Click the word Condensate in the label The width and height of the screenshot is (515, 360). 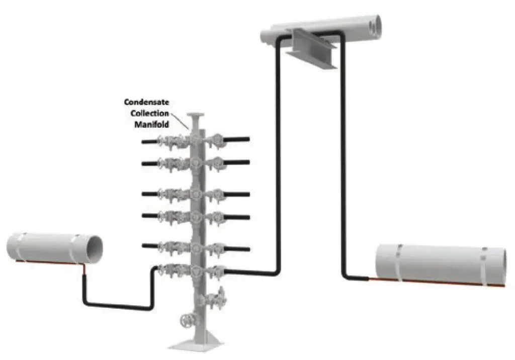click(146, 102)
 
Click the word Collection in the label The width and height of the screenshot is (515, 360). click(150, 113)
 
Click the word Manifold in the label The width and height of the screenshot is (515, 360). click(152, 125)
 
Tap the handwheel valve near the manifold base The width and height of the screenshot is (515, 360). click(187, 320)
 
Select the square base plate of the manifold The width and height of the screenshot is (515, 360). click(196, 345)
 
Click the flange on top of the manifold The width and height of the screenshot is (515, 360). click(196, 115)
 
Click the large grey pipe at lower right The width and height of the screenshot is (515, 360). click(441, 265)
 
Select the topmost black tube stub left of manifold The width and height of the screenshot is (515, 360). click(150, 142)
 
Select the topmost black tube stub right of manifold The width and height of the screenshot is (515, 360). click(237, 140)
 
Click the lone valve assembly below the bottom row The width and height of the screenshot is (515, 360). click(215, 298)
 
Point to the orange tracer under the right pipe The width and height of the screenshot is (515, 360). click(437, 282)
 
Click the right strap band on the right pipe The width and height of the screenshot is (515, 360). click(484, 266)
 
